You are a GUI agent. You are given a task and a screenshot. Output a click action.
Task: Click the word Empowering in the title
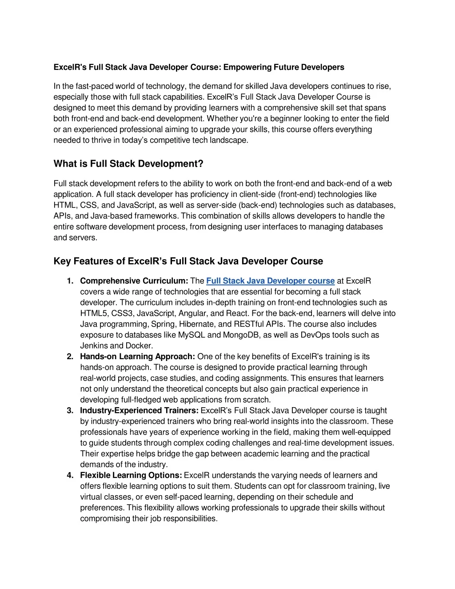pyautogui.click(x=247, y=67)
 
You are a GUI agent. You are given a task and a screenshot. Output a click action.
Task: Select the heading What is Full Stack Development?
pyautogui.click(x=128, y=164)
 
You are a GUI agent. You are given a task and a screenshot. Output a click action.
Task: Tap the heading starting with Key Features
pyautogui.click(x=188, y=261)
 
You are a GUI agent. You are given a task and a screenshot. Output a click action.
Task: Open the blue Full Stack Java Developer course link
pyautogui.click(x=270, y=281)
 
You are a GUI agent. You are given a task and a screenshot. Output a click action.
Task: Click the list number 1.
pyautogui.click(x=70, y=281)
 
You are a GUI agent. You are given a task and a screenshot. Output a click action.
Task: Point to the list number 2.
pyautogui.click(x=70, y=357)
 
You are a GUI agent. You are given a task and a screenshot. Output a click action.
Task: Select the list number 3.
pyautogui.click(x=70, y=411)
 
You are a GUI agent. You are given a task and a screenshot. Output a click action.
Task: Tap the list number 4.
pyautogui.click(x=70, y=476)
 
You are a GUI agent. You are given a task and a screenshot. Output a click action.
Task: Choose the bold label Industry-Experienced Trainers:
pyautogui.click(x=140, y=411)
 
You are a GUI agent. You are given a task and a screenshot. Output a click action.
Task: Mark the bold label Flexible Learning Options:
pyautogui.click(x=131, y=476)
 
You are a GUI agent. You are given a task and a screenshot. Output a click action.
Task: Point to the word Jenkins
pyautogui.click(x=94, y=346)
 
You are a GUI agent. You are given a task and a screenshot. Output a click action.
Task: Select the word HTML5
pyautogui.click(x=94, y=313)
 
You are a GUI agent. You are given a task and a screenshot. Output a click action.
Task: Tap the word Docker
pyautogui.click(x=140, y=346)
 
